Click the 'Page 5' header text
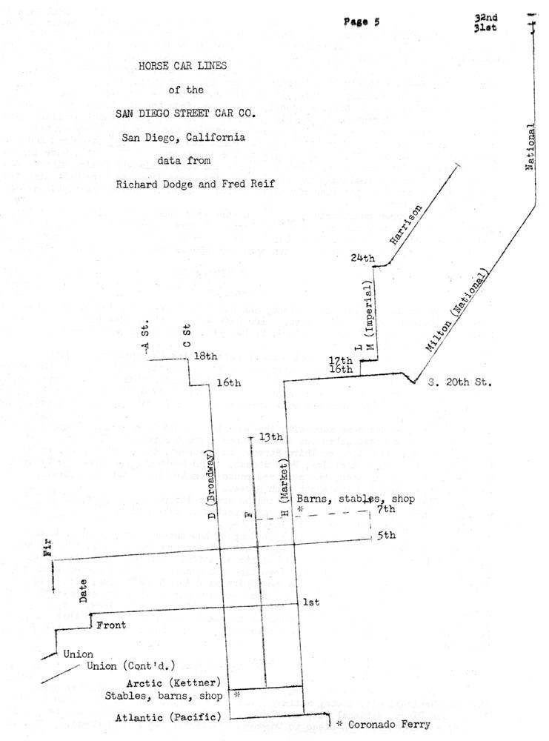362,21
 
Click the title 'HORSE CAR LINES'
183,66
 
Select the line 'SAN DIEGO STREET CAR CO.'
185,113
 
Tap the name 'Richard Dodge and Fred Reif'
196,184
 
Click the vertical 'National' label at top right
530,148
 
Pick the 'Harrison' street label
406,224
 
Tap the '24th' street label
363,259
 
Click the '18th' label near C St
205,356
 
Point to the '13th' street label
270,437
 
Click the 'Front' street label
111,625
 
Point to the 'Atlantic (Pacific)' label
169,717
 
